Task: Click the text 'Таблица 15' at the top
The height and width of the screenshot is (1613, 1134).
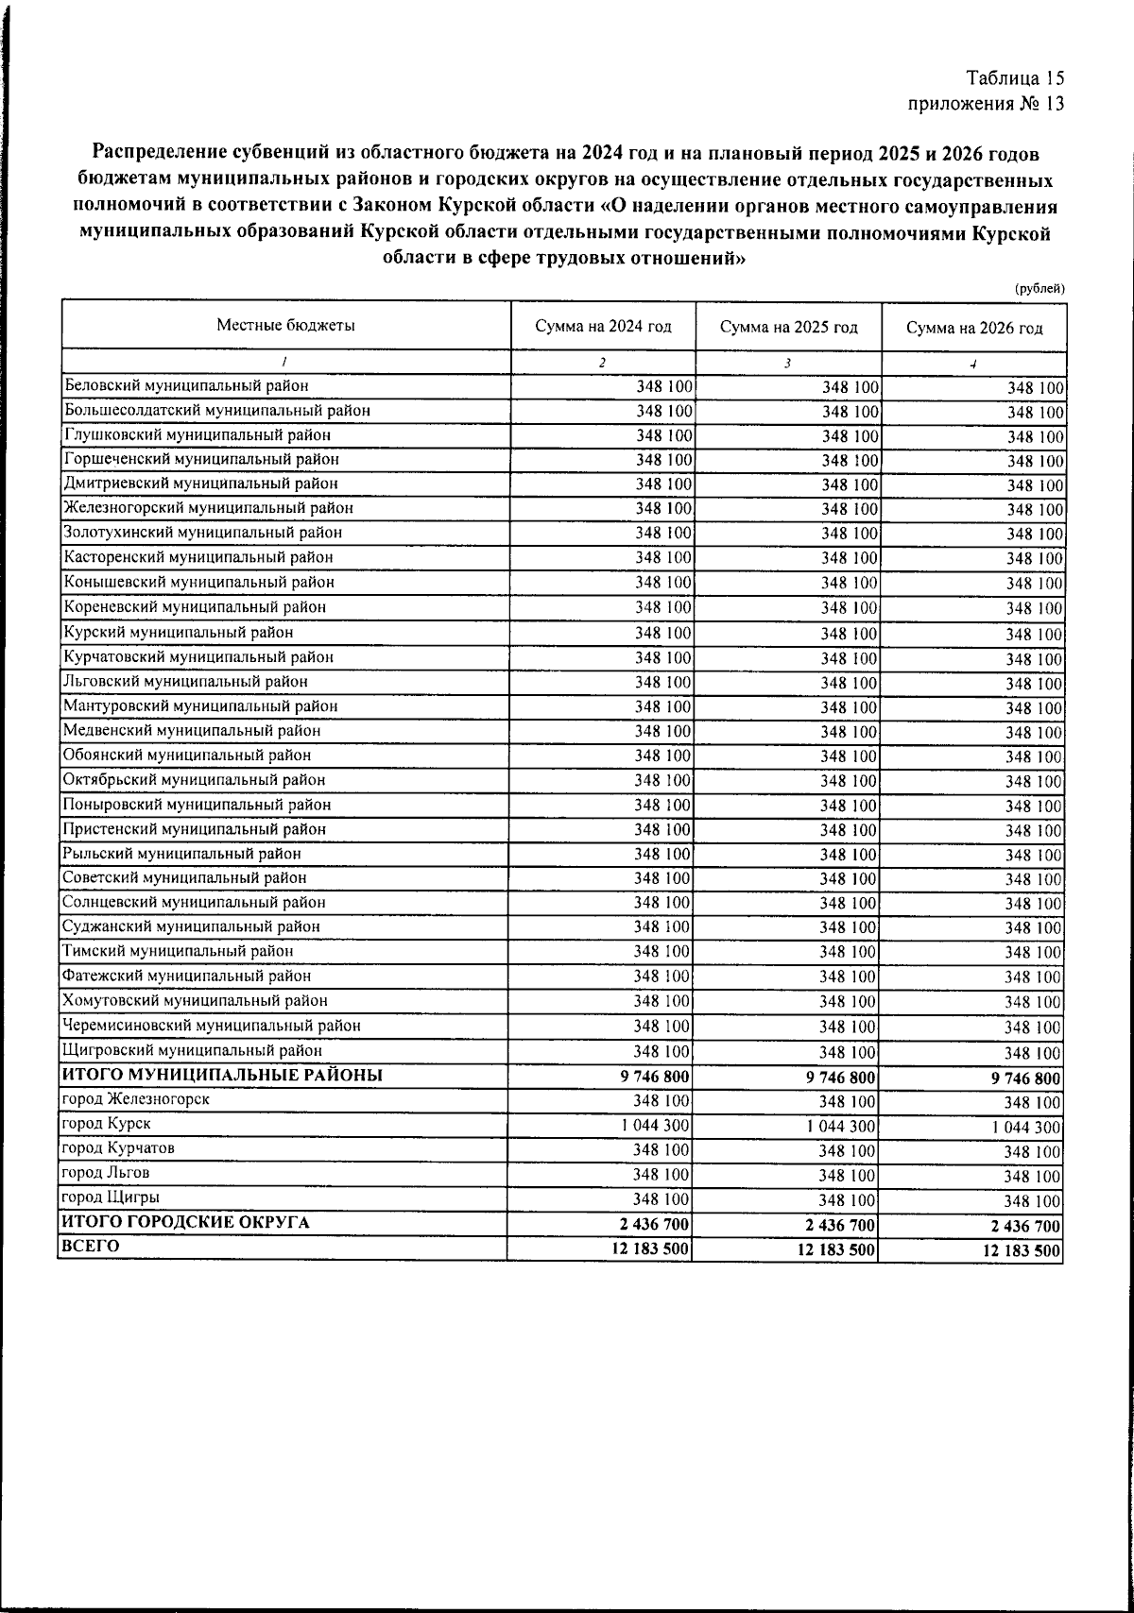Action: point(1016,78)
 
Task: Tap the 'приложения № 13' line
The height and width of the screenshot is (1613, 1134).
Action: point(986,104)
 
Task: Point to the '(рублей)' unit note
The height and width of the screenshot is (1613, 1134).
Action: point(1039,288)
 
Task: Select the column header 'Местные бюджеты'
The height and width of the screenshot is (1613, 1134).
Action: point(285,326)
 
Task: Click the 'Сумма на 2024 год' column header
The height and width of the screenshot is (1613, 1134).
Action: point(603,327)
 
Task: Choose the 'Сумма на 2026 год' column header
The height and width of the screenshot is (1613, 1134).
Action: point(974,328)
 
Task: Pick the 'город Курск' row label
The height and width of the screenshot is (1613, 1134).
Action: point(105,1124)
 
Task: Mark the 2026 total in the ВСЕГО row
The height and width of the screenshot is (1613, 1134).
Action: point(1021,1251)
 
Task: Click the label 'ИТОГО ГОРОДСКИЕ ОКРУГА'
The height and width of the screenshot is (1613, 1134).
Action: point(185,1222)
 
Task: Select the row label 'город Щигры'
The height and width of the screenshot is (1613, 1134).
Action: point(110,1197)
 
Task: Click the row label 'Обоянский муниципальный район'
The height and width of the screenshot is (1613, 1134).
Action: point(186,755)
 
